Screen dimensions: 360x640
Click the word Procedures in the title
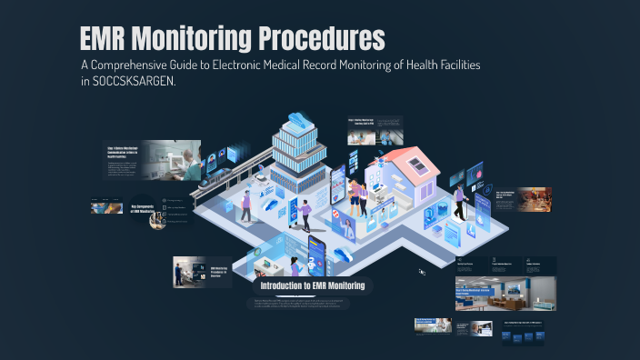(319, 39)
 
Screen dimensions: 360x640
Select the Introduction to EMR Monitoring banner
(312, 285)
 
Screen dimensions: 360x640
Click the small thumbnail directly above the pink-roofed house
(375, 130)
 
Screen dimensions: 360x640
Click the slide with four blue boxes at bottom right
(525, 334)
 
